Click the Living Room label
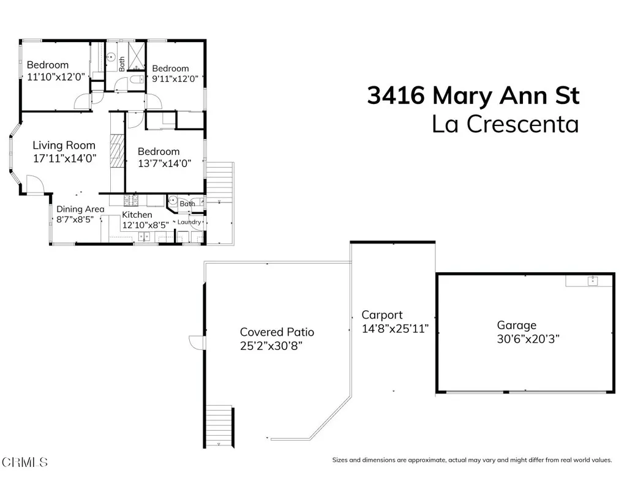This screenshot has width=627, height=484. [x=64, y=146]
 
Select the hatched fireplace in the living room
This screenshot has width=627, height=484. [x=117, y=152]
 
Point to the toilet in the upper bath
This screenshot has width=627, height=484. [x=137, y=80]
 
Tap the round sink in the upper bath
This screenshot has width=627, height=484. [x=111, y=58]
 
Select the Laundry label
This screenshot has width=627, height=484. [x=189, y=222]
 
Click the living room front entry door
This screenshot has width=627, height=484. [x=34, y=183]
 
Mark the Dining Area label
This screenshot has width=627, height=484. [x=80, y=209]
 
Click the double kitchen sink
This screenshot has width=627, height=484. [x=145, y=236]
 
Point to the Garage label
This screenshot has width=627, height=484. [x=516, y=326]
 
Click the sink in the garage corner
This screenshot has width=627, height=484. [x=592, y=281]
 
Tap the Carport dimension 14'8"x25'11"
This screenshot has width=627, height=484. [x=394, y=329]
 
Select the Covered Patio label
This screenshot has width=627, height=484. [x=277, y=332]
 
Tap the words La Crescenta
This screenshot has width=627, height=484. [x=505, y=124]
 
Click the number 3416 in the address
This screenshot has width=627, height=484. [x=396, y=96]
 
